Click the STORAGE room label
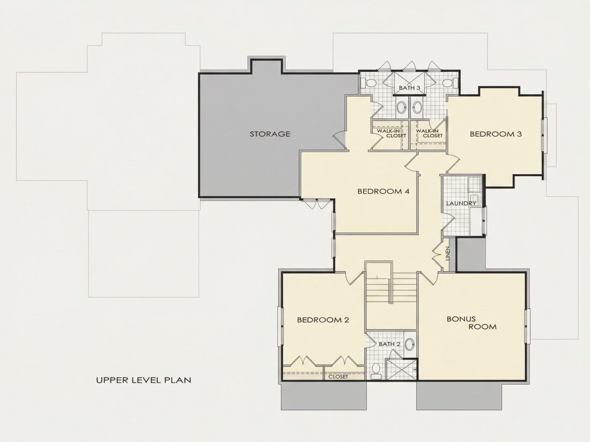pos(270,134)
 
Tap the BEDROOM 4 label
pos(383,191)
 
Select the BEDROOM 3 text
pos(496,134)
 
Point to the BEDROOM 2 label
pos(323,320)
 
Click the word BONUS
pos(461,319)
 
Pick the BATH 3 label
pos(409,88)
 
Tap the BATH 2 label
pos(389,344)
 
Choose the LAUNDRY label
pos(461,204)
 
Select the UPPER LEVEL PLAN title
pos(143,380)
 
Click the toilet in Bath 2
pos(375,370)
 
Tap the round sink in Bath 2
pos(410,343)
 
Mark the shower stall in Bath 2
pos(402,369)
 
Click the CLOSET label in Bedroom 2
pos(338,377)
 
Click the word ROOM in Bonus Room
pos(482,327)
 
